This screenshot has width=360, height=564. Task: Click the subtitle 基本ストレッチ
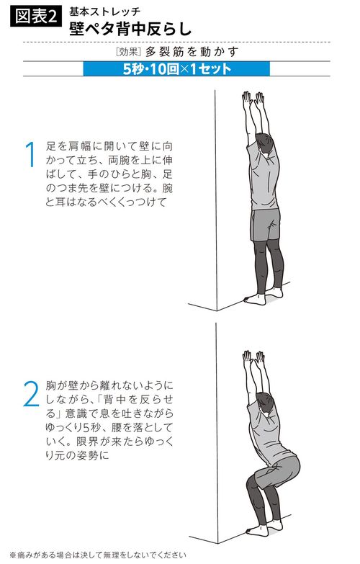pyautogui.click(x=105, y=12)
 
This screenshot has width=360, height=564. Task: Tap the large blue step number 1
pyautogui.click(x=30, y=155)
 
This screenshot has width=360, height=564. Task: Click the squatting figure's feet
pyautogui.click(x=259, y=529)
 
